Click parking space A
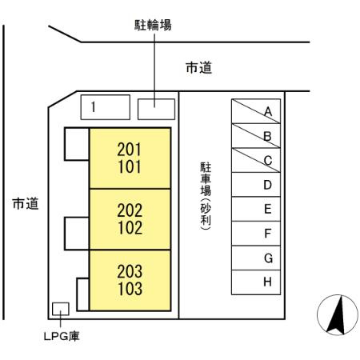(256, 111)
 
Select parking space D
(256, 185)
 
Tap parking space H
(256, 282)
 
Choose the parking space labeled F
(256, 234)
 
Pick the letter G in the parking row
(268, 258)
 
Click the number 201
(129, 150)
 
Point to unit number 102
(130, 227)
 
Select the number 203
(130, 271)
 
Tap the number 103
(130, 289)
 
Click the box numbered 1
(106, 107)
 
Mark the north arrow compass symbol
(338, 314)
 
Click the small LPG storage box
(61, 309)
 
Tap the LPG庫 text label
(62, 336)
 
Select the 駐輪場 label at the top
(153, 25)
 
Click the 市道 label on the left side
(26, 204)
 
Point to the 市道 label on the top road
(199, 67)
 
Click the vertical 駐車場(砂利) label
(206, 196)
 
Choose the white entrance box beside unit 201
(77, 144)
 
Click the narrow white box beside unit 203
(83, 294)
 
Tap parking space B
(256, 136)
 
